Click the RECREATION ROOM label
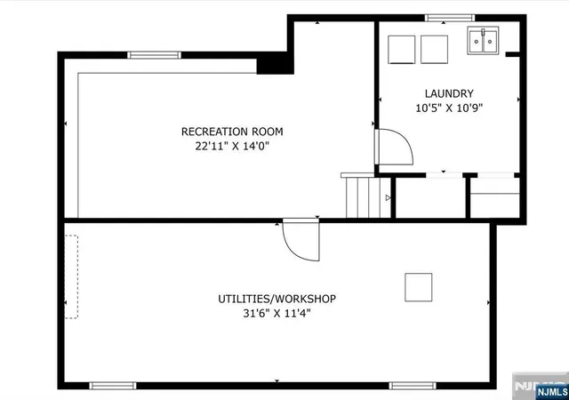pyautogui.click(x=232, y=132)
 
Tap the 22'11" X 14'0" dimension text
pyautogui.click(x=232, y=146)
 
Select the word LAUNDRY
pyautogui.click(x=449, y=93)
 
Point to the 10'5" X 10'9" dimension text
pyautogui.click(x=449, y=108)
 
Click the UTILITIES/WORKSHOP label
pyautogui.click(x=276, y=299)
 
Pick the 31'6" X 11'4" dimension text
pyautogui.click(x=276, y=313)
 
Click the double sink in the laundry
pyautogui.click(x=483, y=41)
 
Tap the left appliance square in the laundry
pyautogui.click(x=401, y=50)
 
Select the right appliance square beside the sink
pyautogui.click(x=434, y=50)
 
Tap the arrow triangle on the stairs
pyautogui.click(x=388, y=198)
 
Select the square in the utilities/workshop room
pyautogui.click(x=419, y=287)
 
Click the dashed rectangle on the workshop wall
pyautogui.click(x=71, y=277)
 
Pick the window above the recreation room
pyautogui.click(x=154, y=55)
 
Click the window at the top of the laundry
pyautogui.click(x=450, y=18)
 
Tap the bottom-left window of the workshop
pyautogui.click(x=113, y=386)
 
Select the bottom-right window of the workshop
pyautogui.click(x=413, y=386)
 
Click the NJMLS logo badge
pyautogui.click(x=551, y=392)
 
